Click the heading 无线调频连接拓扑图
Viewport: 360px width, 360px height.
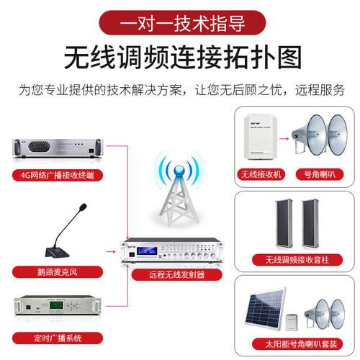(180, 57)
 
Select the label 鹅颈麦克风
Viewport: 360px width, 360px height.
(53, 272)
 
